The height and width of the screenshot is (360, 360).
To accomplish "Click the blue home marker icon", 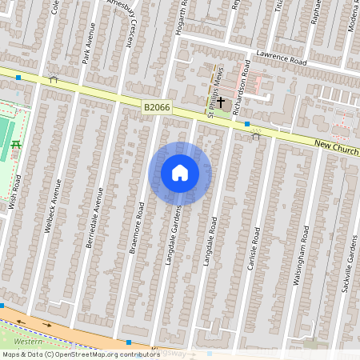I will [x=179, y=173].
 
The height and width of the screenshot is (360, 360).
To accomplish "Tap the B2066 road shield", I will [x=158, y=106].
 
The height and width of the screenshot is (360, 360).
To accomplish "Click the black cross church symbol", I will [x=220, y=103].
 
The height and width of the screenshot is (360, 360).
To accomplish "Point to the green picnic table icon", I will [x=15, y=145].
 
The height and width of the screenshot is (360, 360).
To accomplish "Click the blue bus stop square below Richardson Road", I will [x=247, y=124].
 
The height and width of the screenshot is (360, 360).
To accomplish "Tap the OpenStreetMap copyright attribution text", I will [x=81, y=354].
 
